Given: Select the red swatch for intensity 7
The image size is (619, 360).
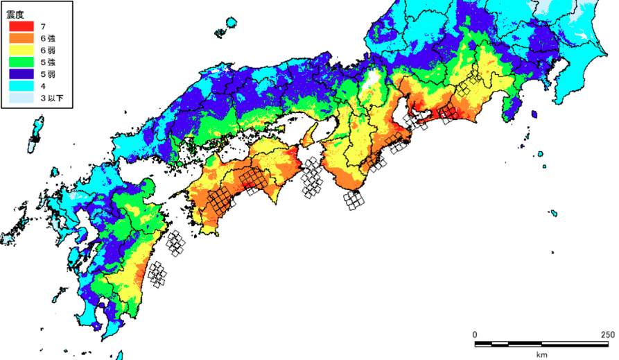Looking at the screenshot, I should (x=21, y=26).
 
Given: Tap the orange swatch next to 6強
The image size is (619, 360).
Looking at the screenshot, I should (x=21, y=38).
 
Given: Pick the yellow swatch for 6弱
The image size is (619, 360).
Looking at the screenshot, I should (x=21, y=51).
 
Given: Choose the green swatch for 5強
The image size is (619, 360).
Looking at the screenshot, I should (x=21, y=62).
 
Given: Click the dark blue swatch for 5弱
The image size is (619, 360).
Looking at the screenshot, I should (x=21, y=74).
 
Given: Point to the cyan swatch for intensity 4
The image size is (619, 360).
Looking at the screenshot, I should (x=21, y=87).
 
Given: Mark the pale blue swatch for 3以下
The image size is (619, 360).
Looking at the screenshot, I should (x=21, y=98).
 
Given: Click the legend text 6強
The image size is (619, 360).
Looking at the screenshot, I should (x=47, y=39).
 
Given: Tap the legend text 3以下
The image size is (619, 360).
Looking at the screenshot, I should (x=49, y=99).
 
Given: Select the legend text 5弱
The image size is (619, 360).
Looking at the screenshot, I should (x=47, y=75).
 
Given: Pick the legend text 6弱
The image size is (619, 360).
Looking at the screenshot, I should (x=47, y=51).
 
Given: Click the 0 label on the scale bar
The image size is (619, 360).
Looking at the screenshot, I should (x=475, y=335).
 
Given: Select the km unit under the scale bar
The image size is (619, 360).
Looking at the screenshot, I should (x=541, y=354).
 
